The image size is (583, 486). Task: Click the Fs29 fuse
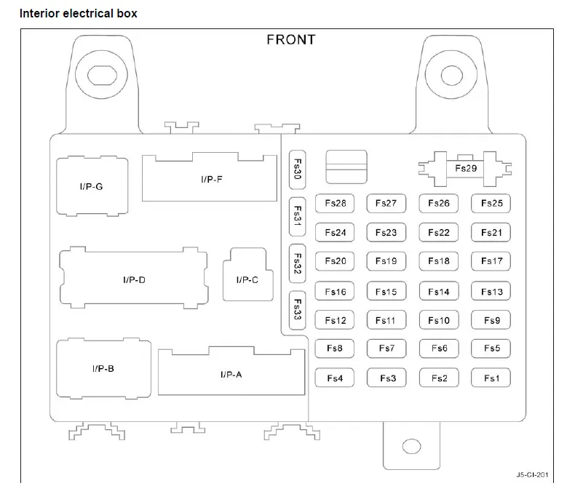pyautogui.click(x=465, y=169)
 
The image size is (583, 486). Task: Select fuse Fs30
pyautogui.click(x=298, y=170)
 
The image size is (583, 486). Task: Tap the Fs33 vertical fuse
pyautogui.click(x=298, y=310)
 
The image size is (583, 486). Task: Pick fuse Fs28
pyautogui.click(x=335, y=203)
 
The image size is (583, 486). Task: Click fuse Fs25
pyautogui.click(x=491, y=203)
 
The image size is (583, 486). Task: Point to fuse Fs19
pyautogui.click(x=386, y=261)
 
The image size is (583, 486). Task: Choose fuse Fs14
pyautogui.click(x=439, y=291)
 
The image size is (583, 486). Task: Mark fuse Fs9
pyautogui.click(x=491, y=320)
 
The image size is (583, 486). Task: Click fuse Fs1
pyautogui.click(x=491, y=378)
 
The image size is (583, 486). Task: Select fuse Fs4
pyautogui.click(x=335, y=378)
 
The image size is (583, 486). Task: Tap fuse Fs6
pyautogui.click(x=439, y=348)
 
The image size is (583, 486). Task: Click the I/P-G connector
pyautogui.click(x=92, y=186)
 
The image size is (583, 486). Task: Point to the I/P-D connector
pyautogui.click(x=134, y=278)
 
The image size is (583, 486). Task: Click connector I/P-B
pyautogui.click(x=104, y=369)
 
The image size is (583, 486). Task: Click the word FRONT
pyautogui.click(x=291, y=39)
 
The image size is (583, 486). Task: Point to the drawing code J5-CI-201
pyautogui.click(x=532, y=474)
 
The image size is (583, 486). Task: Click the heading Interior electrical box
pyautogui.click(x=79, y=13)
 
